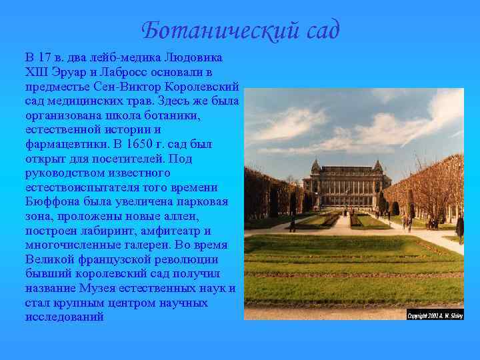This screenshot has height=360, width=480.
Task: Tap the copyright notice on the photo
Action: coord(435,315)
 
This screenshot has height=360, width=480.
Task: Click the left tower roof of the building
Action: coord(316,165)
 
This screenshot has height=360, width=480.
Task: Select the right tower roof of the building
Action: coord(377,165)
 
